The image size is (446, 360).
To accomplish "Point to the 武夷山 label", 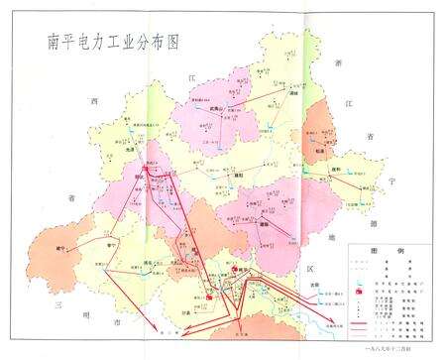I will pos(202,110).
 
